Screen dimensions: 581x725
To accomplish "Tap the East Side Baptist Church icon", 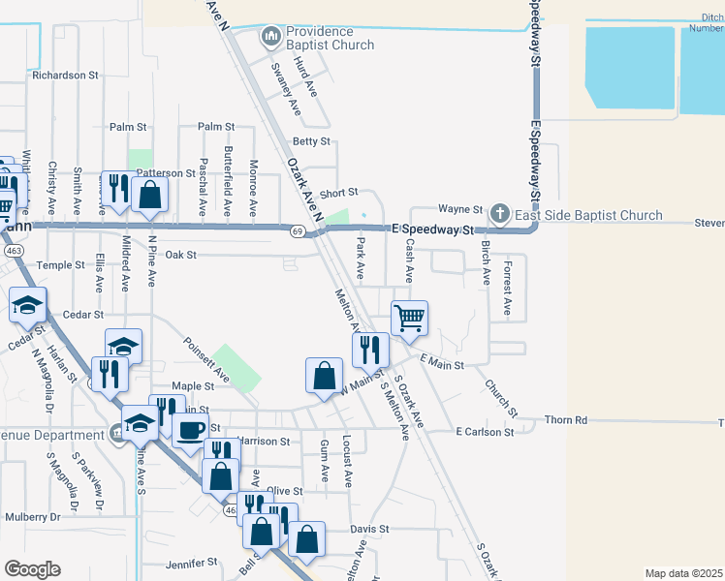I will pos(499,213).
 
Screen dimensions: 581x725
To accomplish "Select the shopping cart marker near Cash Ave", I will pos(410,317).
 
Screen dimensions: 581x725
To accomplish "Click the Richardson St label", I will pos(66,74).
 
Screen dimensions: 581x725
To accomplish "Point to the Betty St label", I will pos(311,141).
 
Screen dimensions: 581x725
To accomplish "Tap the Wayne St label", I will pos(459,209).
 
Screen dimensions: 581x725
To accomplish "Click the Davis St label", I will pos(369,530).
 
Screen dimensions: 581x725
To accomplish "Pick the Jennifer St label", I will pos(192,563).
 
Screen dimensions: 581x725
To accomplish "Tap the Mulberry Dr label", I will pos(32,517).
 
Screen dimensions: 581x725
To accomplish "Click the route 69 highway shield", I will pos(298,230).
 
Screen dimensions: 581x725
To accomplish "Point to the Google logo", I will pos(32,568).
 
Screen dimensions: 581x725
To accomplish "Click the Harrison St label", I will pos(264,442).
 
